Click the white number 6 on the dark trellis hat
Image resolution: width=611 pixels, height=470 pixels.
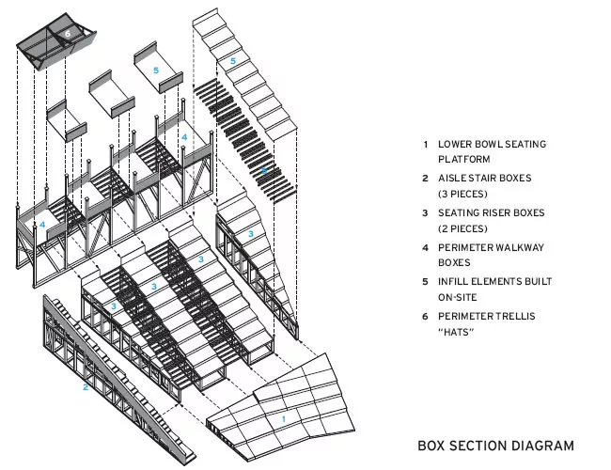(x=68, y=34)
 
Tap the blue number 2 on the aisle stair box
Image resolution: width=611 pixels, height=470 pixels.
(x=86, y=387)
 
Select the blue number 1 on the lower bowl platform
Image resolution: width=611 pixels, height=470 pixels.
(x=284, y=419)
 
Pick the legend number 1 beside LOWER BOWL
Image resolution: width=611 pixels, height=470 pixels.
(x=426, y=145)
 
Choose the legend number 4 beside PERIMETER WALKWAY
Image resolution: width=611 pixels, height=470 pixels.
(x=426, y=248)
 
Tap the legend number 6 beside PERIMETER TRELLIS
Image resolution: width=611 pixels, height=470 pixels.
(x=426, y=317)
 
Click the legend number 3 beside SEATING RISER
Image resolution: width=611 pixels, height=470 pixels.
(x=426, y=213)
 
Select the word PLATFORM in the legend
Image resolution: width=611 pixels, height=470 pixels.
(x=463, y=160)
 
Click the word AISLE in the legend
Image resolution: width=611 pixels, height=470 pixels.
(x=452, y=178)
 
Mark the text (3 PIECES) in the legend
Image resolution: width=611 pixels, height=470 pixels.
(x=462, y=194)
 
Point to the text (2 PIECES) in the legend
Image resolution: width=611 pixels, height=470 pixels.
(x=462, y=228)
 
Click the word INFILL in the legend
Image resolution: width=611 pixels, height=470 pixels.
(x=452, y=282)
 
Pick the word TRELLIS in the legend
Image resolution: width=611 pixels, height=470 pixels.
(x=517, y=316)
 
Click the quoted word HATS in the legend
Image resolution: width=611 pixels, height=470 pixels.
(x=456, y=332)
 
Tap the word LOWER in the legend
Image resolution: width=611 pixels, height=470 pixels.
(x=454, y=144)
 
